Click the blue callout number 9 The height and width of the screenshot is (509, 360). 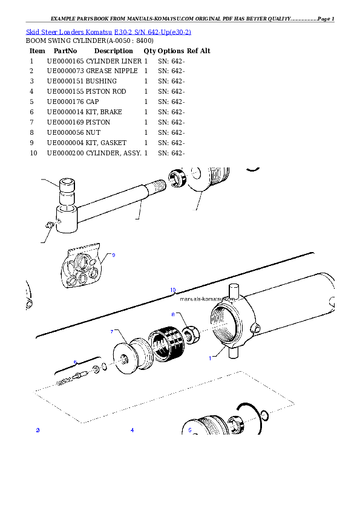tap(113, 255)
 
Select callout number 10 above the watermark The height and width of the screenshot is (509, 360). tap(172, 290)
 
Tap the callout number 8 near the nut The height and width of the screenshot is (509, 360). tap(172, 315)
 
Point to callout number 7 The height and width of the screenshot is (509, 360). tap(111, 332)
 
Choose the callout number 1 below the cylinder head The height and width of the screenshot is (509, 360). tap(211, 358)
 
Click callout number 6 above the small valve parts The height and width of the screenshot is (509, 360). tap(75, 363)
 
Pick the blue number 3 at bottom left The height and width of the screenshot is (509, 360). tap(38, 430)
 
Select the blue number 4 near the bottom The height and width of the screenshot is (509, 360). tap(132, 430)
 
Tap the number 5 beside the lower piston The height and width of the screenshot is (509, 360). tap(189, 430)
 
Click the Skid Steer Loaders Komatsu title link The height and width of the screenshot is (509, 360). tap(109, 31)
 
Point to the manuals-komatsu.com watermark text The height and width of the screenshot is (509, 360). tap(207, 299)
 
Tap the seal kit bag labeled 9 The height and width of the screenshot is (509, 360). tap(84, 269)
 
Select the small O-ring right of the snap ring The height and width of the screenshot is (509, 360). tap(265, 415)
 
